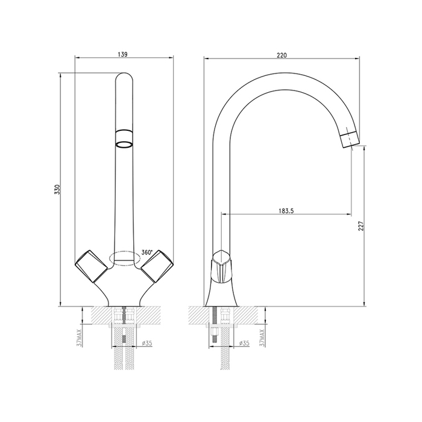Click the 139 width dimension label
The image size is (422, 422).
coord(122,54)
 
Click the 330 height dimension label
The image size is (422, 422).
coord(57,190)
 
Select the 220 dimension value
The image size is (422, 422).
coord(282,55)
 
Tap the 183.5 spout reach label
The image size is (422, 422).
coord(286,211)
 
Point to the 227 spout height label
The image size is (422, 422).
coord(361,226)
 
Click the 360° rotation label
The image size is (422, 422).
coord(146,253)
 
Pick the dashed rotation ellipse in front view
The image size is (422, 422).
coord(125,259)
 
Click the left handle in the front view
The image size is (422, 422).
coord(91,266)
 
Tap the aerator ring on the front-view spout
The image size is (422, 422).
coord(124,139)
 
